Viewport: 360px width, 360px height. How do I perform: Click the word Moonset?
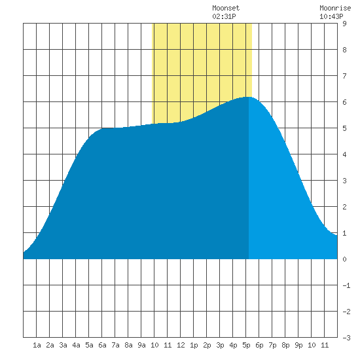click(x=226, y=9)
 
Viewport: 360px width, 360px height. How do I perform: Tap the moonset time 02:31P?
click(x=224, y=16)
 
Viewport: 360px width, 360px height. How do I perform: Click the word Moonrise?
click(x=335, y=9)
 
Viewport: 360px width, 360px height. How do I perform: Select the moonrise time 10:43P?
click(x=331, y=16)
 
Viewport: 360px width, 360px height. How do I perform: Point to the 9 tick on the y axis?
click(x=344, y=24)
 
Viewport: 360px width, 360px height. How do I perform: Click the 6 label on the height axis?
click(x=344, y=102)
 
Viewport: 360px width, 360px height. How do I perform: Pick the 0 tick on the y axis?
click(x=344, y=259)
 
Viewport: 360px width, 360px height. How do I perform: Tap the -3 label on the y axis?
click(x=346, y=338)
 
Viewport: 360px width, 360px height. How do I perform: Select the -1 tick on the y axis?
click(x=346, y=285)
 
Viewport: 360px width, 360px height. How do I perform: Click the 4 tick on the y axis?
click(x=344, y=154)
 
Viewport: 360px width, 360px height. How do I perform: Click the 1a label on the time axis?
click(x=37, y=345)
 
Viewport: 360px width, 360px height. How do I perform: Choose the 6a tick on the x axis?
click(x=102, y=345)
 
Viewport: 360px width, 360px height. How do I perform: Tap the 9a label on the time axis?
click(x=141, y=345)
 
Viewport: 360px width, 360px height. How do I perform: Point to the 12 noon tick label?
click(x=181, y=345)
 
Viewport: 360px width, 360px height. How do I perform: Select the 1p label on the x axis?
click(x=194, y=345)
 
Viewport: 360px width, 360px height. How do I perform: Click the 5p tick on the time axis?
click(x=246, y=345)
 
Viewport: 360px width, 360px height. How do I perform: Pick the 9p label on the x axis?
click(x=298, y=345)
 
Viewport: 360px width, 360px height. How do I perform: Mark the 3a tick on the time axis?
click(x=63, y=345)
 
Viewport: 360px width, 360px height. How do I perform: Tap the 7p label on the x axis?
click(x=272, y=345)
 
